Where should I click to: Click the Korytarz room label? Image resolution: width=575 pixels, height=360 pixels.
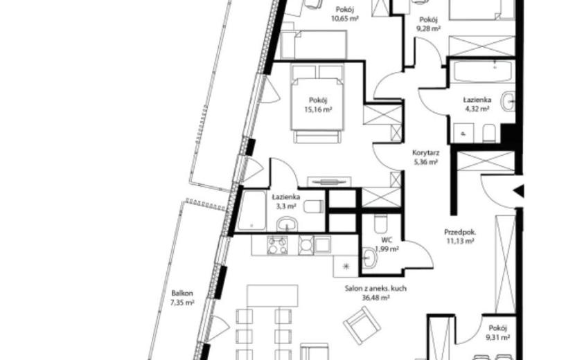click(426, 153)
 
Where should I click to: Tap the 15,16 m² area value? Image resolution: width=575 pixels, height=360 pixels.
click(318, 109)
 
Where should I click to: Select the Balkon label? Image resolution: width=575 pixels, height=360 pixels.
click(182, 294)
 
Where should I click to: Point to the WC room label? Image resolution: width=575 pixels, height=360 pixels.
click(387, 240)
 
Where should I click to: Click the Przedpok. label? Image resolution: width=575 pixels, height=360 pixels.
click(460, 232)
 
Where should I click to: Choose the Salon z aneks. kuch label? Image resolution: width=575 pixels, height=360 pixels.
click(375, 289)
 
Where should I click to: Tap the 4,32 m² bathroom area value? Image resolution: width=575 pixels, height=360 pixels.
click(477, 109)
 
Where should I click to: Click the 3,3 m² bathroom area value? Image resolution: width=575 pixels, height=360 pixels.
click(286, 206)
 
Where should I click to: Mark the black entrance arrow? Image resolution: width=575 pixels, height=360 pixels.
click(518, 191)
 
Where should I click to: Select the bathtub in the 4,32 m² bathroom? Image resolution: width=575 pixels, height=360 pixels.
click(479, 71)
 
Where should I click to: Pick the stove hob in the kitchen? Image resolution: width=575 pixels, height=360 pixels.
click(277, 245)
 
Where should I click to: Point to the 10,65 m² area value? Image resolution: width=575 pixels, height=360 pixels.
click(345, 19)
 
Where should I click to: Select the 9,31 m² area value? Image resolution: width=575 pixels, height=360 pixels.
click(497, 338)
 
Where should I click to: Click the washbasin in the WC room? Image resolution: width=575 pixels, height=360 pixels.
click(370, 257)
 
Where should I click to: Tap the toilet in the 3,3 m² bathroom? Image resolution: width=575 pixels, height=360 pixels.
click(315, 206)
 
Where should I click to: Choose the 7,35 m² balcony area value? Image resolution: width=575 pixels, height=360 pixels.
click(182, 303)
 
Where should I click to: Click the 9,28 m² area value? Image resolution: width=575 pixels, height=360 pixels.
click(429, 28)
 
